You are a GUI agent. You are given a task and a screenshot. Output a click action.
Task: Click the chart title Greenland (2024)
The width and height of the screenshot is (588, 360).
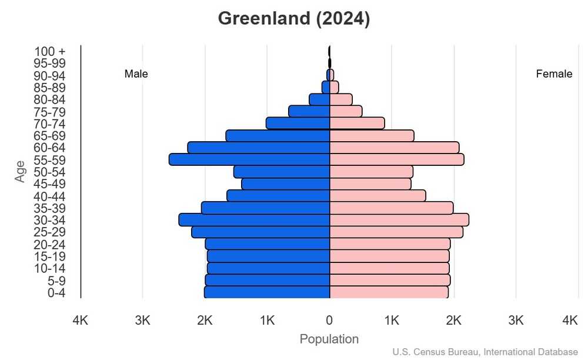point(293,19)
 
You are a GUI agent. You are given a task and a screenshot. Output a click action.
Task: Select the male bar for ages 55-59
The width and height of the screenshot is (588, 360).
point(249,159)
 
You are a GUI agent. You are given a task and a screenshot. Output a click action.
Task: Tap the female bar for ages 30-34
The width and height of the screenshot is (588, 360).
point(399,220)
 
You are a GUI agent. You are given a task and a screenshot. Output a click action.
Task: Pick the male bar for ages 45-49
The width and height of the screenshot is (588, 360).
point(285,184)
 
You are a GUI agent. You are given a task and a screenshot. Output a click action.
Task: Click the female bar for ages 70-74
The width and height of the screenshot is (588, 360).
point(357,123)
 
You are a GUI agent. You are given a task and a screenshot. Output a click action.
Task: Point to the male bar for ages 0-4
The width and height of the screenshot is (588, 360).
point(267,292)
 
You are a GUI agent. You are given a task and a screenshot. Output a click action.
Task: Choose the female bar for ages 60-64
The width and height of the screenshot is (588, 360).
point(394,148)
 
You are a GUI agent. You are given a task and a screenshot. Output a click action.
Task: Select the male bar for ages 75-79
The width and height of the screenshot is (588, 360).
point(309,111)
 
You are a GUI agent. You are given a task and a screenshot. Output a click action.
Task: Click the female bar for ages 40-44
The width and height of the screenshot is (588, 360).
point(377,196)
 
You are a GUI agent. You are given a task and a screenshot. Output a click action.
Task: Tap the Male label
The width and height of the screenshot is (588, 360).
point(136,74)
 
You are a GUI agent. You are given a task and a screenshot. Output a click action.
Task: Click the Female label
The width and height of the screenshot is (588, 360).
point(554,74)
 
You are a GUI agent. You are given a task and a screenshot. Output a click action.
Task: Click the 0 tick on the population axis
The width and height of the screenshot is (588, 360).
point(329,321)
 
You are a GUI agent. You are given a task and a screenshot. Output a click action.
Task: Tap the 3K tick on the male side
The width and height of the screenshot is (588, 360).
point(143,321)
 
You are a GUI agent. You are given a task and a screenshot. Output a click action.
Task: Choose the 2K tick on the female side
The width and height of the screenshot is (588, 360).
point(454,321)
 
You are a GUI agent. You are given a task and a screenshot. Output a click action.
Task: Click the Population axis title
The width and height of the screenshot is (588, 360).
point(329,339)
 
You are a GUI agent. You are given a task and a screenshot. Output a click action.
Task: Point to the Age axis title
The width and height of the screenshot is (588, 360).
point(21,171)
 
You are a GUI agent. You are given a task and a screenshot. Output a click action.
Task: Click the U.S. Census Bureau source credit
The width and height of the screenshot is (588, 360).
point(485,352)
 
